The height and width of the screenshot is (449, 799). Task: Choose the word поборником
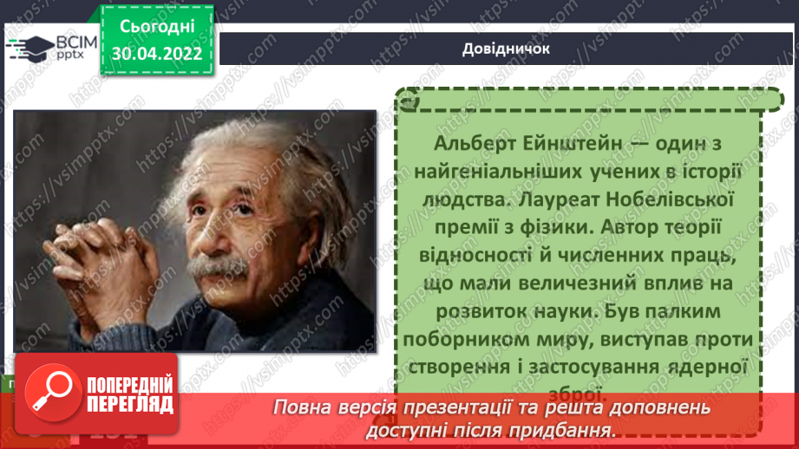tap(482, 340)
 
